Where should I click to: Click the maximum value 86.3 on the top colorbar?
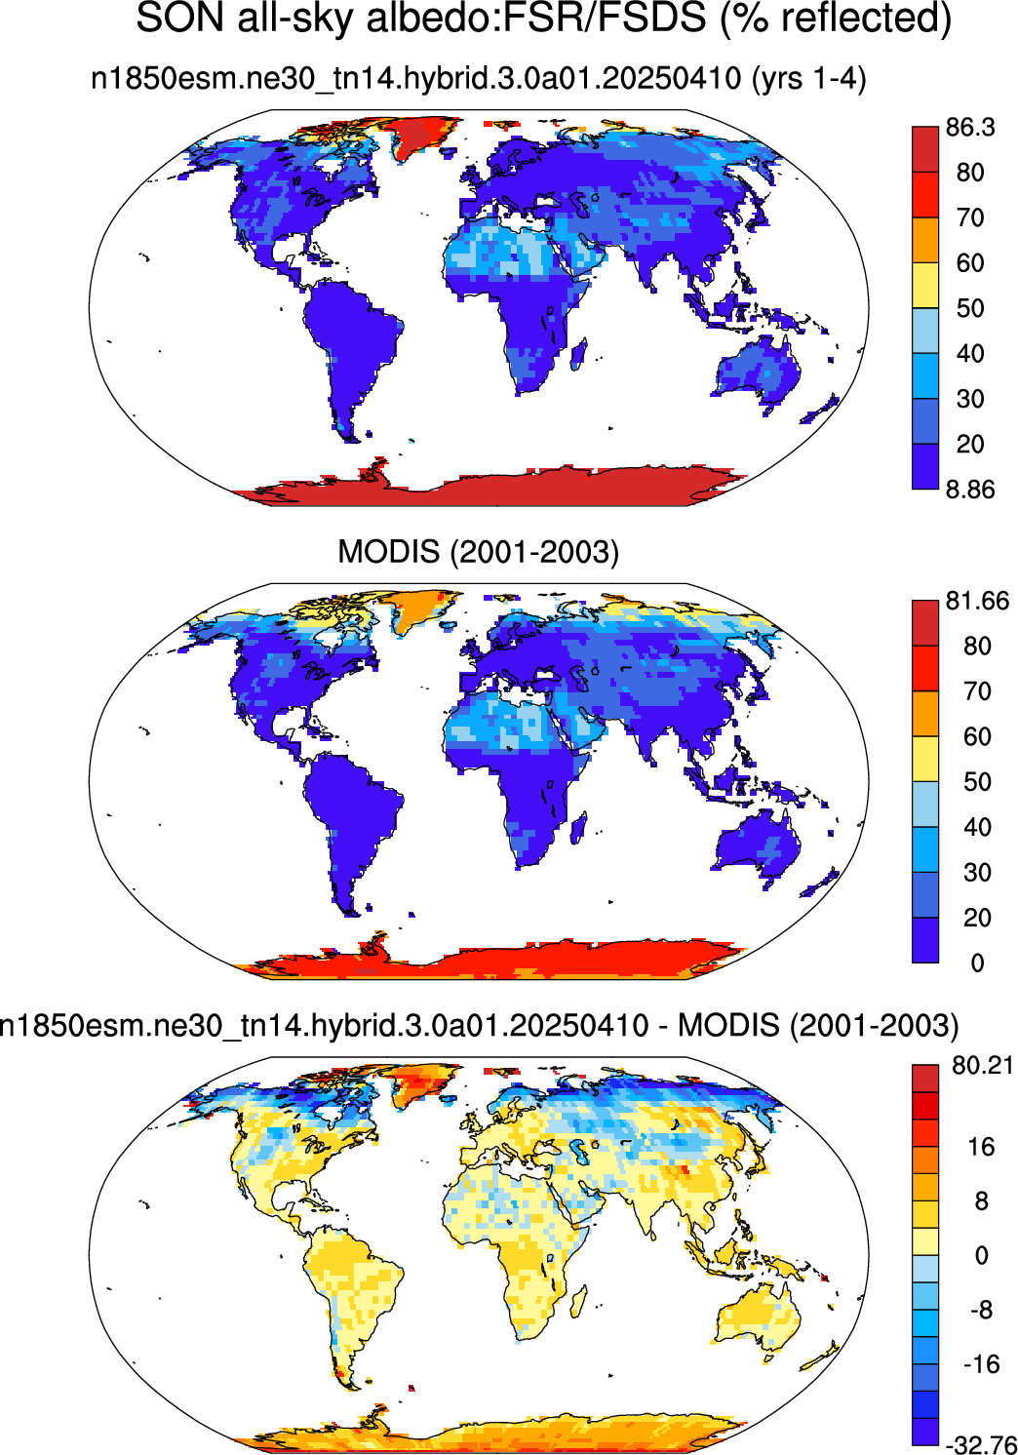click(x=970, y=128)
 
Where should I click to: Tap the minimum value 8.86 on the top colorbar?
click(x=970, y=490)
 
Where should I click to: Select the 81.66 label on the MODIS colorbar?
click(x=977, y=601)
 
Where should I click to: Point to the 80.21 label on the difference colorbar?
click(x=982, y=1065)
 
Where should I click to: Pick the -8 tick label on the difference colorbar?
click(x=975, y=1310)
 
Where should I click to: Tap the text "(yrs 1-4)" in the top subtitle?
click(x=808, y=79)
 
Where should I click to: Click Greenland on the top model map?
click(x=421, y=136)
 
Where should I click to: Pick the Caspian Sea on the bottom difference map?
click(x=579, y=1151)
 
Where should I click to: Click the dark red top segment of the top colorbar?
click(x=925, y=149)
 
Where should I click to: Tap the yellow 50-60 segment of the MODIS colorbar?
click(x=925, y=759)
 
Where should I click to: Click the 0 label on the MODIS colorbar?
click(x=978, y=963)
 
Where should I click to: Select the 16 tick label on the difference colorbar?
click(x=981, y=1147)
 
